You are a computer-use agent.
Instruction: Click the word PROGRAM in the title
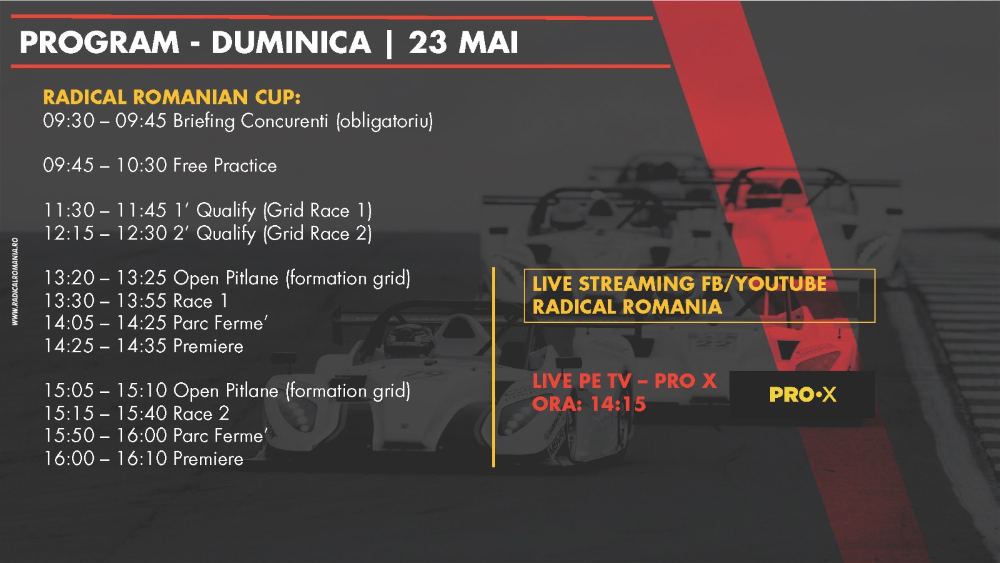pyautogui.click(x=99, y=43)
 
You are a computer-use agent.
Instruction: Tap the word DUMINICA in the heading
pyautogui.click(x=291, y=43)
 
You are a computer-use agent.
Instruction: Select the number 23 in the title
pyautogui.click(x=427, y=43)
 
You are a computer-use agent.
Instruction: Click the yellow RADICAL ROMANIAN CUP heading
pyautogui.click(x=172, y=97)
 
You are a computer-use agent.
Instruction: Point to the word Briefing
pyautogui.click(x=204, y=121)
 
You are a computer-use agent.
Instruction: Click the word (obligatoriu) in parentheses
pyautogui.click(x=384, y=121)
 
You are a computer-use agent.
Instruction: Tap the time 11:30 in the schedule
pyautogui.click(x=69, y=210)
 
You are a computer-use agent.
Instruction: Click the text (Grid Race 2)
pyautogui.click(x=317, y=234)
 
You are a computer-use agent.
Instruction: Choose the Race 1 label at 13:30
pyautogui.click(x=201, y=301)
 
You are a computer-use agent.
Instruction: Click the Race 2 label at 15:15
pyautogui.click(x=201, y=413)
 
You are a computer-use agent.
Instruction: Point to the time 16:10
pyautogui.click(x=142, y=459)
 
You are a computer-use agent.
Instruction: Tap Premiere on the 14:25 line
pyautogui.click(x=209, y=346)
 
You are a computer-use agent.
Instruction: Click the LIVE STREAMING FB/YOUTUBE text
pyautogui.click(x=679, y=284)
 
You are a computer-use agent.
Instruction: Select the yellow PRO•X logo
pyautogui.click(x=802, y=395)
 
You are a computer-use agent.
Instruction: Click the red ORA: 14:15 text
pyautogui.click(x=589, y=404)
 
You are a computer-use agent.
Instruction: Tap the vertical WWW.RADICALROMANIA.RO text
pyautogui.click(x=15, y=281)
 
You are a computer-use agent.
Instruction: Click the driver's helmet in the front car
pyautogui.click(x=409, y=340)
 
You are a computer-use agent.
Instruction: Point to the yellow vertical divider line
pyautogui.click(x=493, y=367)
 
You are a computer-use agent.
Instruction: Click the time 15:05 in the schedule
pyautogui.click(x=69, y=390)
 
